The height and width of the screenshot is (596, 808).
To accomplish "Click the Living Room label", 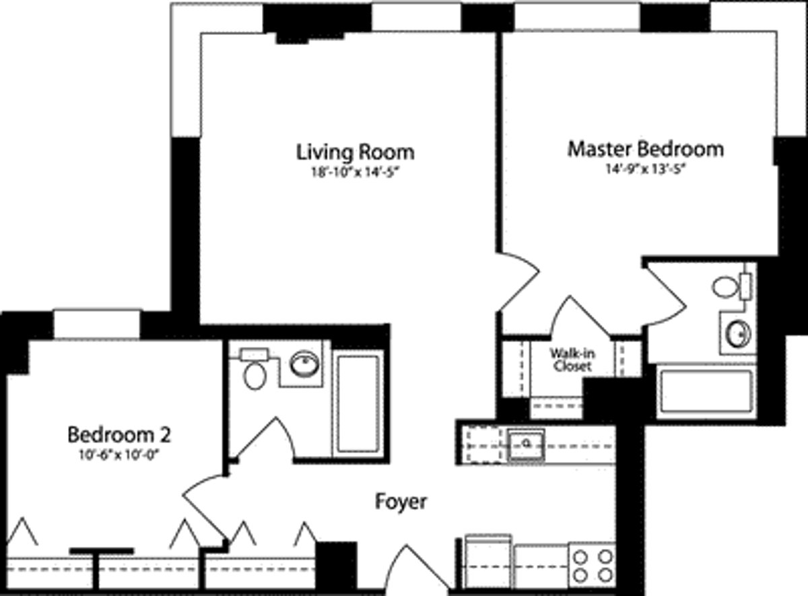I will pos(356,152).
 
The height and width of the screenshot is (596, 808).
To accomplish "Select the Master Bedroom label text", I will pos(645,148).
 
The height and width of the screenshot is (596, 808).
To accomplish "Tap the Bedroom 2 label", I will pos(119,434).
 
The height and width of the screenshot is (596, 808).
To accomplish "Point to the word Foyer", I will pos(401,502).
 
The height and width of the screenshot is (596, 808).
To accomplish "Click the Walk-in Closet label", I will pos(572,360).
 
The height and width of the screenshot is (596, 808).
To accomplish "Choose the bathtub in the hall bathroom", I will pos(356,401).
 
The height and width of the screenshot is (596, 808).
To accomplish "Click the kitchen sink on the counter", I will pos(525,444).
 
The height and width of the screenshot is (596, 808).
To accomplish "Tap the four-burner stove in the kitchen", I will pos(593,566).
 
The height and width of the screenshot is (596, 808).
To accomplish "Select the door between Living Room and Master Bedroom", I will pos(518,282).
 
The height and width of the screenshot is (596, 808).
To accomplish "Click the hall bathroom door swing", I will pos(269,439).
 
